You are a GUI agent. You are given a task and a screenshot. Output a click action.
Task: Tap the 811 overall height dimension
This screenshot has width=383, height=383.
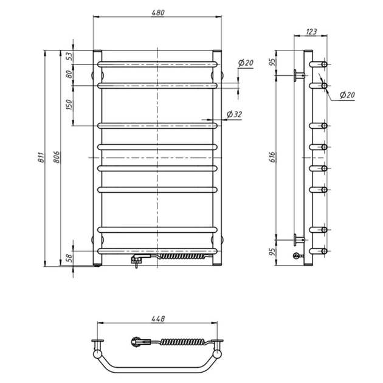43,159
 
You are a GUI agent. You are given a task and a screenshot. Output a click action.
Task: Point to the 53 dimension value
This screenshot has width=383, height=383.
69,55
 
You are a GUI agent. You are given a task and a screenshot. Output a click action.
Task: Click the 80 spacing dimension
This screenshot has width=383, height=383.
69,74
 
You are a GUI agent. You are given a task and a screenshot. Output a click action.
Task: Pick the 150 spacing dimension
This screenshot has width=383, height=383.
69,105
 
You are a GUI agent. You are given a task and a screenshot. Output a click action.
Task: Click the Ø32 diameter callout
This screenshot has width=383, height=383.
234,114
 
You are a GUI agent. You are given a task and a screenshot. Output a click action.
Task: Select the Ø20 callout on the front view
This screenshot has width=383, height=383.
246,63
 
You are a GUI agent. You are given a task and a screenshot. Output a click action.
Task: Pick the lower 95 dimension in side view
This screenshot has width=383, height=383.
274,249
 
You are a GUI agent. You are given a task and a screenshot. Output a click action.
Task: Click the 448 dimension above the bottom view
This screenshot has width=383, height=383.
157,319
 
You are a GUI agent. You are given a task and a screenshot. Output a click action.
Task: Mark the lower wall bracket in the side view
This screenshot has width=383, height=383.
298,238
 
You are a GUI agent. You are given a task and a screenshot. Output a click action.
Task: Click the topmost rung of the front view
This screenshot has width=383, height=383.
157,63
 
